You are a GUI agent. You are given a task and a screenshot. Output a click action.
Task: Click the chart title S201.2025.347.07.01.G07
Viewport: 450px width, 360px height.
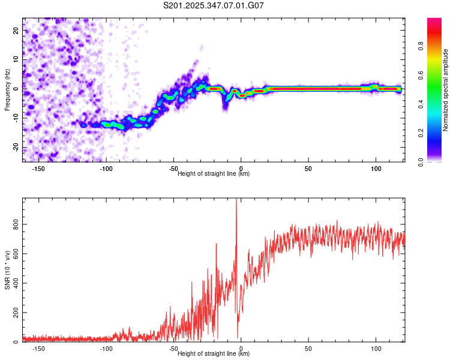tap(214, 5)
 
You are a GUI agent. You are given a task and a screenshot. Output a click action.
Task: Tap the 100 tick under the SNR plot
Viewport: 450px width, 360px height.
tap(376, 349)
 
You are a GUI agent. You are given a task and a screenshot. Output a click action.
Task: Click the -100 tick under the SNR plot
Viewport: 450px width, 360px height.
tap(106, 349)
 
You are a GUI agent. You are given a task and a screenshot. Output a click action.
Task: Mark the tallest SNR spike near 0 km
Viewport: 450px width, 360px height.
tap(236, 200)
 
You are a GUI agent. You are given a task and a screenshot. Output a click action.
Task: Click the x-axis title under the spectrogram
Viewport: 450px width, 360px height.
tap(214, 174)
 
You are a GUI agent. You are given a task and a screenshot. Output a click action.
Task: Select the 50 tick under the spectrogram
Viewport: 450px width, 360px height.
tap(308, 169)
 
